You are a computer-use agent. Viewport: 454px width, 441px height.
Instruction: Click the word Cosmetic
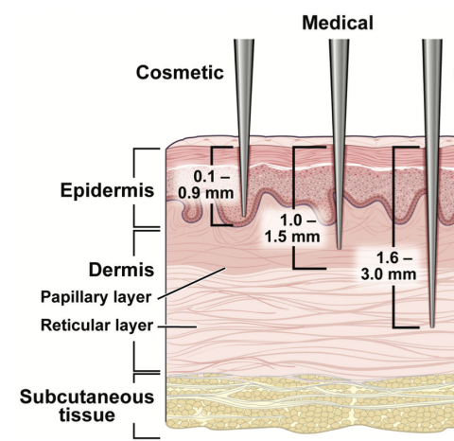(x=180, y=72)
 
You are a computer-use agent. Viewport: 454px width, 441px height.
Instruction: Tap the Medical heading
(x=338, y=23)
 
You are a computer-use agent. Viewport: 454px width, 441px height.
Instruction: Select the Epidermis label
(x=107, y=191)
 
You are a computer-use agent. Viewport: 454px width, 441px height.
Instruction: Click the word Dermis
(x=121, y=270)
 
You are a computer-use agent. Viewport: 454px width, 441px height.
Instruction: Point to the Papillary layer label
(x=96, y=297)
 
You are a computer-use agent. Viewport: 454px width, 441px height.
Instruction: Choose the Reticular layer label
(x=96, y=326)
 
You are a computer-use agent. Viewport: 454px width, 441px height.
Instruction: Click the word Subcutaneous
(x=87, y=397)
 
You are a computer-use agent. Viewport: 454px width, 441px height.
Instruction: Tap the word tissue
(x=87, y=415)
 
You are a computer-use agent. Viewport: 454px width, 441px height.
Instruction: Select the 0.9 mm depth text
(x=206, y=193)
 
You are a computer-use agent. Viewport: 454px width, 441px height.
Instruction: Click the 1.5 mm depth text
(x=292, y=237)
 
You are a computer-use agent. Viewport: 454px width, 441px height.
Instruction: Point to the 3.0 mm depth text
(x=389, y=274)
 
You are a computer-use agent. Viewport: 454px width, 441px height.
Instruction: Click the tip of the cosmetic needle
(x=244, y=216)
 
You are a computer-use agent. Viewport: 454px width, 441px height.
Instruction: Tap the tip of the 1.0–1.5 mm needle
(x=339, y=248)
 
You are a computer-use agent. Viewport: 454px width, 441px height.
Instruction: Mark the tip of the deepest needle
(x=432, y=326)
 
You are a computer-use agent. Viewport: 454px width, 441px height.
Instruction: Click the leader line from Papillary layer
(x=192, y=283)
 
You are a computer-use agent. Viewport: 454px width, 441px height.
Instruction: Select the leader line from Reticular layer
(x=177, y=326)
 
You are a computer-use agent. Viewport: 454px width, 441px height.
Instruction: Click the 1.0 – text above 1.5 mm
(x=298, y=220)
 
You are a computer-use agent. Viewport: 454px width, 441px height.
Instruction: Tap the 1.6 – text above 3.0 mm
(x=394, y=258)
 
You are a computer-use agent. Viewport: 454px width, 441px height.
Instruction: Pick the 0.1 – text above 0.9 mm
(x=212, y=177)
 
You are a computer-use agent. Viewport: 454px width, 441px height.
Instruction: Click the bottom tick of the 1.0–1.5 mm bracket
(x=309, y=269)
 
